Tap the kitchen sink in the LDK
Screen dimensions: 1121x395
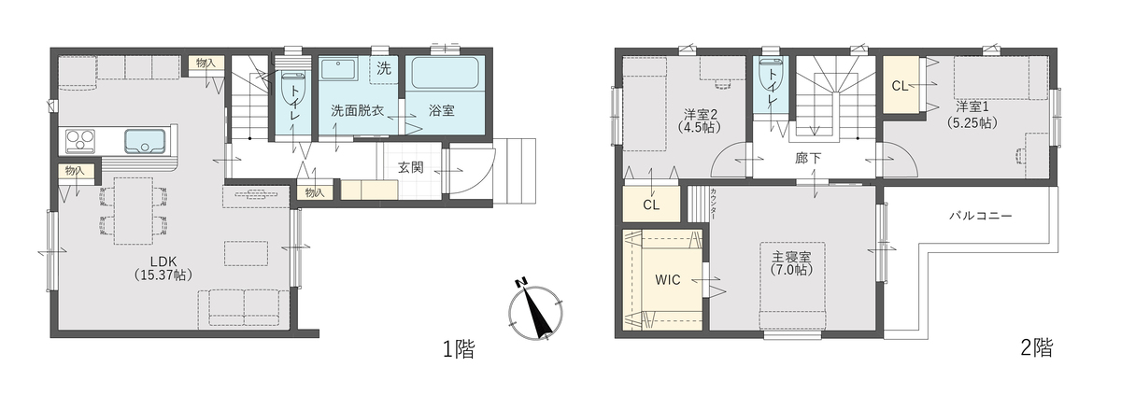(x=145, y=140)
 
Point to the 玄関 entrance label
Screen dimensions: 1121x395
(x=411, y=167)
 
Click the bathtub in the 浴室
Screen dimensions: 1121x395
(x=445, y=73)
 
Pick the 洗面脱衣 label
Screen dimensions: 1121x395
(x=357, y=110)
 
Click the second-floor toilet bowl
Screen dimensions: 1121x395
(x=771, y=75)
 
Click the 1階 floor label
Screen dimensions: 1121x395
(x=459, y=348)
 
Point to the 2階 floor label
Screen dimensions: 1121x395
(x=1036, y=347)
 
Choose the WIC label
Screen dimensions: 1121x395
(x=668, y=279)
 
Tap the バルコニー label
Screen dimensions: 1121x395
(x=981, y=216)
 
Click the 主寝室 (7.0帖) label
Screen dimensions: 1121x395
(x=791, y=263)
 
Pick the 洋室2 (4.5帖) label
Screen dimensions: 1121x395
(x=700, y=120)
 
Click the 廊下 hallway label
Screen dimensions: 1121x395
(x=808, y=159)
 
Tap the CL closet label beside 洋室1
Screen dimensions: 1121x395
(x=900, y=86)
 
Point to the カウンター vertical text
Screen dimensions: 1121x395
(x=713, y=204)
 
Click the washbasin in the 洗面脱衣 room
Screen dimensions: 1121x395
(x=338, y=69)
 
